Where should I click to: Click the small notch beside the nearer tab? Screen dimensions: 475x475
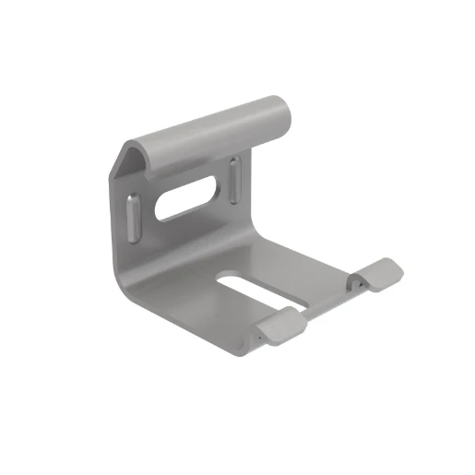coord(262,336)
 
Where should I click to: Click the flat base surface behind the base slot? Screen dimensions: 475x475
coord(277,258)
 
